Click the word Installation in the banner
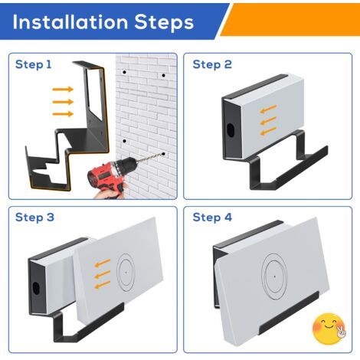(70, 21)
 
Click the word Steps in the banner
(164, 22)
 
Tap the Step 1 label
(34, 64)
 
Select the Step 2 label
(212, 64)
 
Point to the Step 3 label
(34, 218)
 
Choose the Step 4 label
(212, 218)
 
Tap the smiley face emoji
(329, 329)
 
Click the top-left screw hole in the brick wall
(124, 73)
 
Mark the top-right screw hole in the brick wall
(163, 76)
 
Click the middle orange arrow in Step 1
(63, 102)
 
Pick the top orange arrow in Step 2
(268, 109)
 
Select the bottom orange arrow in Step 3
(103, 285)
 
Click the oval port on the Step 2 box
(231, 130)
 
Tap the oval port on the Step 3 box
(36, 288)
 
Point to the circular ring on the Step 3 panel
(117, 273)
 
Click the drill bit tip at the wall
(163, 154)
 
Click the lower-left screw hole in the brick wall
(125, 141)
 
